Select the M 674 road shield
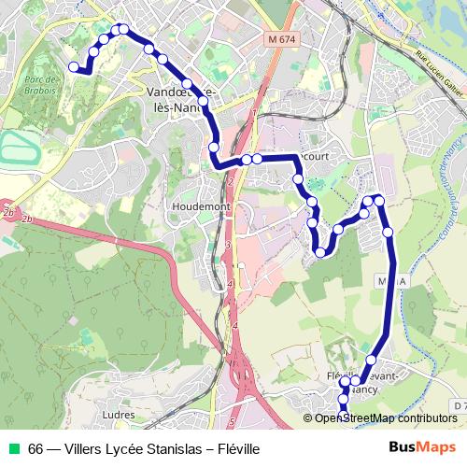pyautogui.click(x=279, y=40)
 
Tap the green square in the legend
pyautogui.click(x=13, y=448)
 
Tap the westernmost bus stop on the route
pyautogui.click(x=74, y=66)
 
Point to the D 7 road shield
pyautogui.click(x=458, y=406)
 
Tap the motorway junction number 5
pyautogui.click(x=231, y=421)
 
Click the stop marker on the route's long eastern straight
pyautogui.click(x=388, y=232)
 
